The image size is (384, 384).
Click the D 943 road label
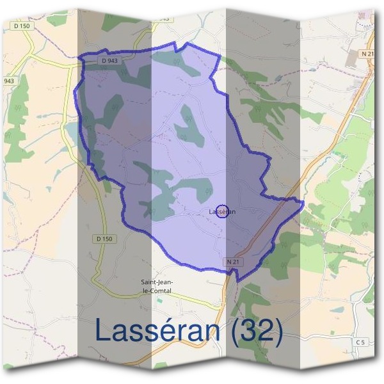[x=109, y=60]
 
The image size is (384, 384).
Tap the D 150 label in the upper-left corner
[x=20, y=25]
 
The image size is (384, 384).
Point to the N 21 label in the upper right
[x=367, y=54]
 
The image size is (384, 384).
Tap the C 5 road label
[x=360, y=343]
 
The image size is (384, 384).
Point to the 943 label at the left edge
[x=9, y=81]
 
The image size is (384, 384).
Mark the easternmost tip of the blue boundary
[x=303, y=202]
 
